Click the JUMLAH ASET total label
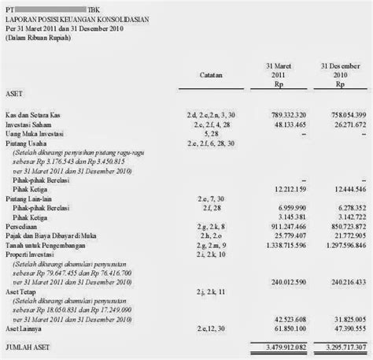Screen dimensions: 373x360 [x=30, y=346]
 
